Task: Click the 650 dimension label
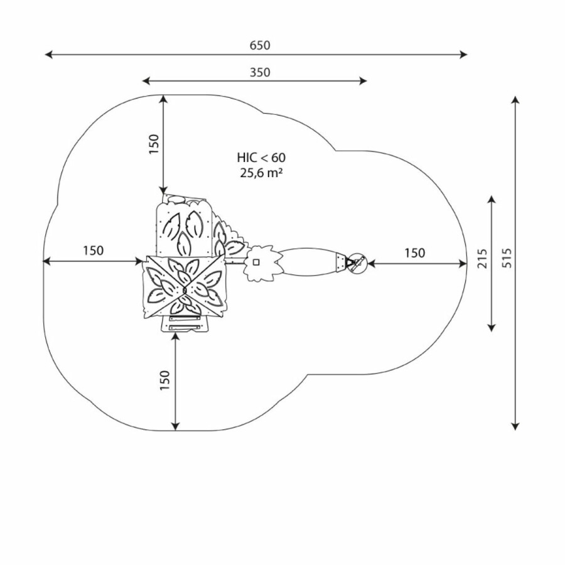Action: [x=260, y=45]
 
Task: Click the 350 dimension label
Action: [x=260, y=72]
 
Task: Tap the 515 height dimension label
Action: [x=507, y=257]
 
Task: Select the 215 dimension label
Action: [x=482, y=259]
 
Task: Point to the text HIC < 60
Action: [x=261, y=158]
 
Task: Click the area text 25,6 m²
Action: [x=261, y=173]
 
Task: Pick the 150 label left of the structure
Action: [x=94, y=250]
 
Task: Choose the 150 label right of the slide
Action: [x=414, y=253]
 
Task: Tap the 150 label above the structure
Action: [x=154, y=144]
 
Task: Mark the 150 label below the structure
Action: [x=164, y=380]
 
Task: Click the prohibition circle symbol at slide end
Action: [x=358, y=262]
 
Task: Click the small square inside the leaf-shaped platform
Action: [x=256, y=262]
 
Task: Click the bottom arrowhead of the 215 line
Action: [x=491, y=327]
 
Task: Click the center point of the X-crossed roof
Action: [x=184, y=289]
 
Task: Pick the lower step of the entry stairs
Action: [x=185, y=328]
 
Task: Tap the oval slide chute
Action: [x=308, y=262]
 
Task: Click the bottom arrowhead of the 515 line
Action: [x=515, y=426]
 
